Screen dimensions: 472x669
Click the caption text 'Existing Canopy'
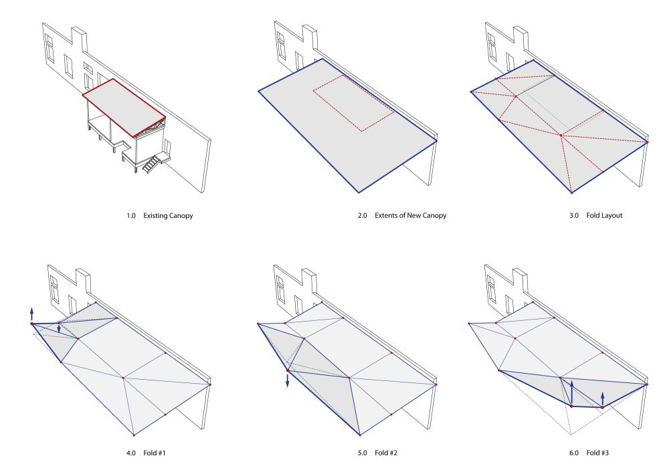[x=168, y=216]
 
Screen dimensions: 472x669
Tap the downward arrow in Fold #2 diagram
[x=288, y=380]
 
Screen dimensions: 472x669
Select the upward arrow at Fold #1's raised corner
[x=31, y=313]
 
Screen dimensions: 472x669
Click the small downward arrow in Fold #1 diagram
[x=59, y=328]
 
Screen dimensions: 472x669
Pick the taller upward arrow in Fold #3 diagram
[x=572, y=392]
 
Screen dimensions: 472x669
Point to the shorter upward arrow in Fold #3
[x=603, y=398]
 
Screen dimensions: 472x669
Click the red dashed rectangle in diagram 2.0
[x=353, y=102]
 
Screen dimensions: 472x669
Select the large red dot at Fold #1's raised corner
[x=31, y=324]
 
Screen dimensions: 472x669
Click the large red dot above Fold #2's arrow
[x=288, y=370]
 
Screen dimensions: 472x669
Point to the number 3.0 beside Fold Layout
[x=573, y=216]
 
